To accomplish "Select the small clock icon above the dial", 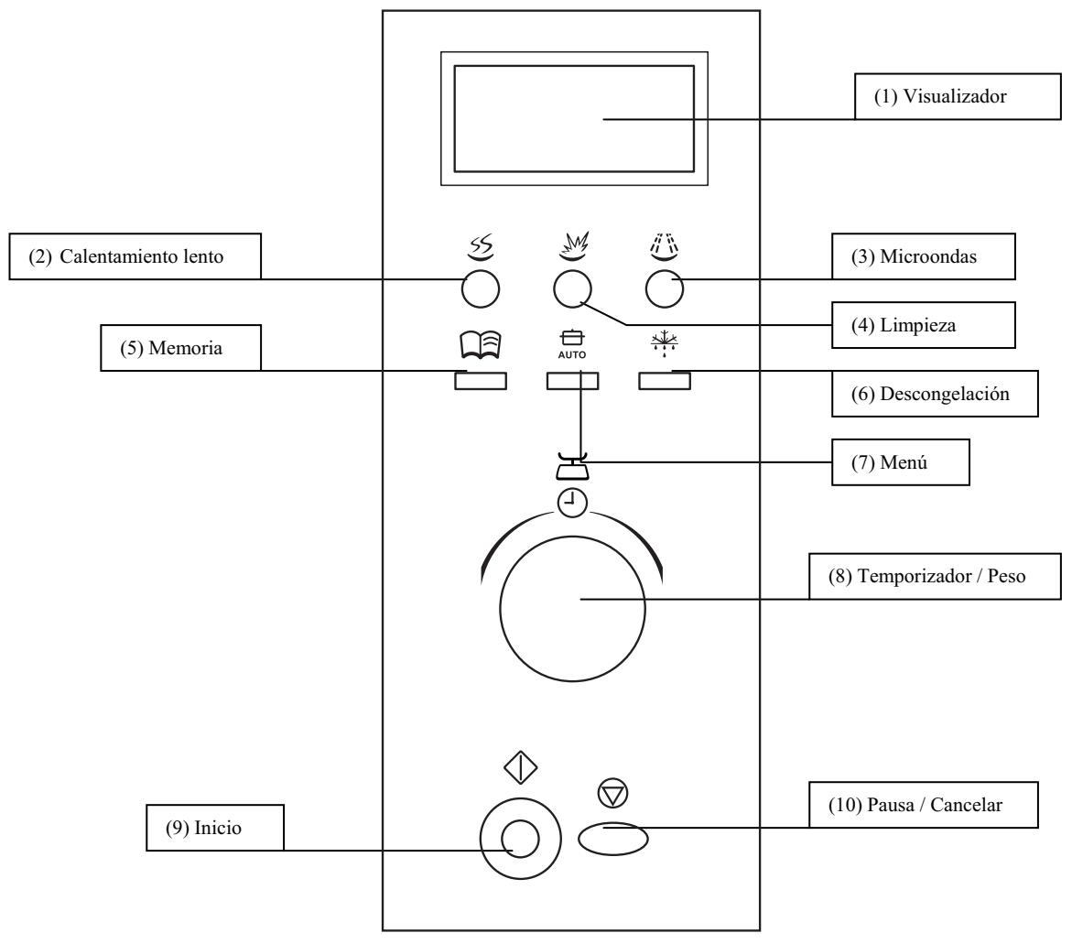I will [x=573, y=501].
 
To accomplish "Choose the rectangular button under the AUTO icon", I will [x=572, y=381].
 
